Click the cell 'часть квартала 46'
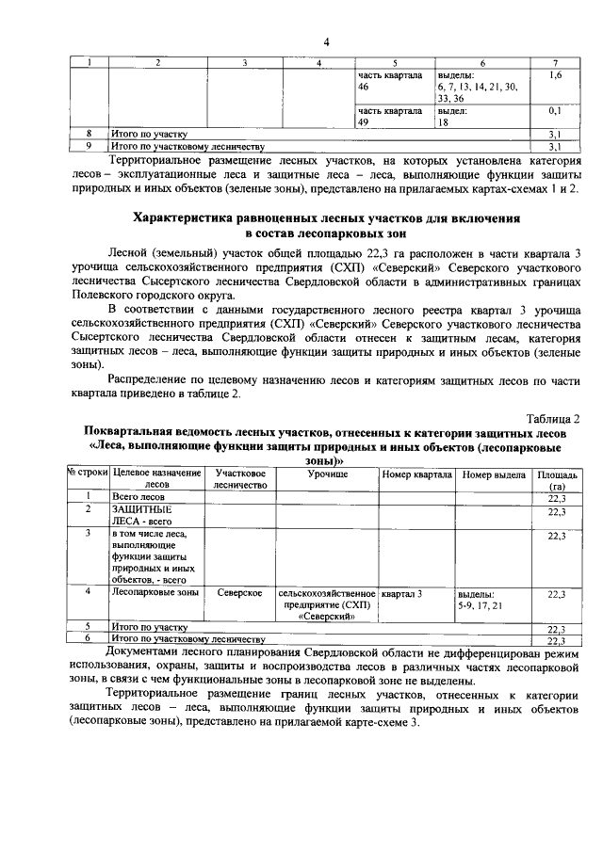point(389,80)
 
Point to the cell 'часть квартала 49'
point(389,116)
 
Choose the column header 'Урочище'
point(326,474)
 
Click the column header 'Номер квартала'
point(416,474)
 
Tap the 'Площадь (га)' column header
point(557,480)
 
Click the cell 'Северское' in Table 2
point(239,594)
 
